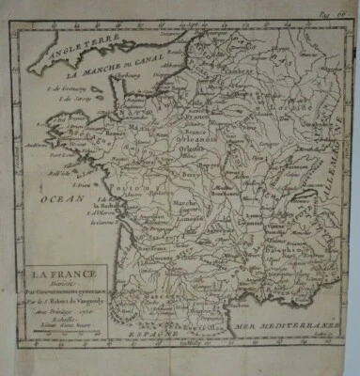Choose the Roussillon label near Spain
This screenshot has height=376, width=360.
(212, 324)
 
